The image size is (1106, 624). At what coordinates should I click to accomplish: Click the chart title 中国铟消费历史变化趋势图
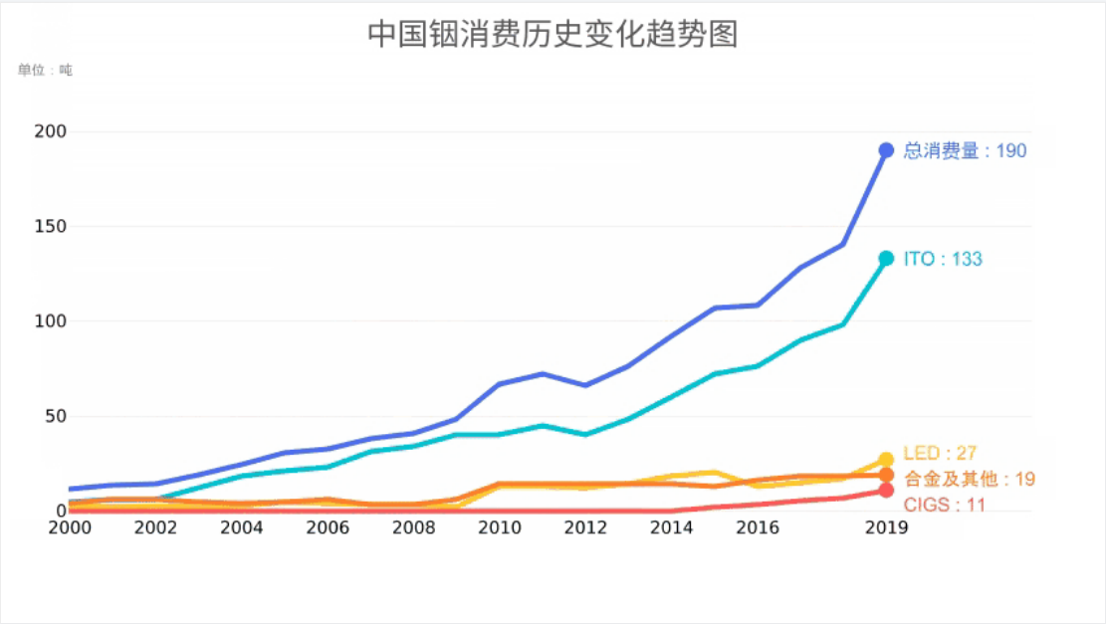point(553,35)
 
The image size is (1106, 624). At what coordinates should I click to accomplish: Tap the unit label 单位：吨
point(45,71)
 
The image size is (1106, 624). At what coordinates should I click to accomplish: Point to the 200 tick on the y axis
point(51,131)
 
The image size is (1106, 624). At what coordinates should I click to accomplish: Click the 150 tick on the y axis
point(51,227)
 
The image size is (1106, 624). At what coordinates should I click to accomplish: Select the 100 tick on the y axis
point(51,321)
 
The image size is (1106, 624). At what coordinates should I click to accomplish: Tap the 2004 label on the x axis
point(241,527)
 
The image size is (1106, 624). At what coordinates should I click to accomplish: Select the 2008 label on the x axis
point(413,527)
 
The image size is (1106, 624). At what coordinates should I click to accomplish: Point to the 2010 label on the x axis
point(499,527)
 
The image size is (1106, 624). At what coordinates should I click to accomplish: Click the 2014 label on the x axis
point(671,527)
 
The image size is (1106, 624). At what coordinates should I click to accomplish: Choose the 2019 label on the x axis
point(886,527)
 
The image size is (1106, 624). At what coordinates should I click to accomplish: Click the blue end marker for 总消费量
point(886,150)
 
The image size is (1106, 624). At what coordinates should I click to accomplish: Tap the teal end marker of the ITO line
point(886,259)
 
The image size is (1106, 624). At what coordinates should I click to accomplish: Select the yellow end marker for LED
point(886,460)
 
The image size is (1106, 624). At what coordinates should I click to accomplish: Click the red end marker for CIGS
point(886,491)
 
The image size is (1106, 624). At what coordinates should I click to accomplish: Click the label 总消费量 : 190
point(964,151)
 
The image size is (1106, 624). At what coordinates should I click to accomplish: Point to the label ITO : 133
point(942,260)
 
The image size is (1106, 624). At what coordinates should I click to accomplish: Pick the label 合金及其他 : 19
point(969,480)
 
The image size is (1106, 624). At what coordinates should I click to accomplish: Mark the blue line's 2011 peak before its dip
point(542,374)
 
